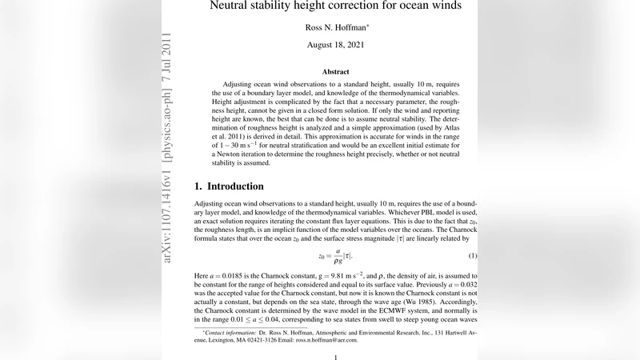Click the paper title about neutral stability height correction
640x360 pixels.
335,6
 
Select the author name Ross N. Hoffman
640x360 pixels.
335,27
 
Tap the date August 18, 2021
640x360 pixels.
335,45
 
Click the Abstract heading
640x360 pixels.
335,72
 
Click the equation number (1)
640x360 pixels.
472,255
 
